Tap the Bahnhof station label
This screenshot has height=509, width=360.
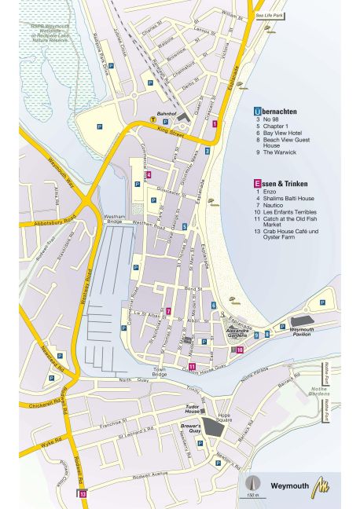coord(166,114)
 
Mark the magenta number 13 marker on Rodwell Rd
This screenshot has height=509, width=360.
coord(82,493)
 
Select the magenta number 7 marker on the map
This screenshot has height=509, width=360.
coord(168,311)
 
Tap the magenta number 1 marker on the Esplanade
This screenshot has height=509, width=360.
coord(226,125)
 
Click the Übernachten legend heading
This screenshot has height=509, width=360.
coord(280,112)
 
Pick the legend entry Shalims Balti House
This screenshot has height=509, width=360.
coord(288,199)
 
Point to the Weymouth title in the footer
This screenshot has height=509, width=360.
coord(291,485)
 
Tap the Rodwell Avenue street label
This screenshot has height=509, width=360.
coord(149,474)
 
